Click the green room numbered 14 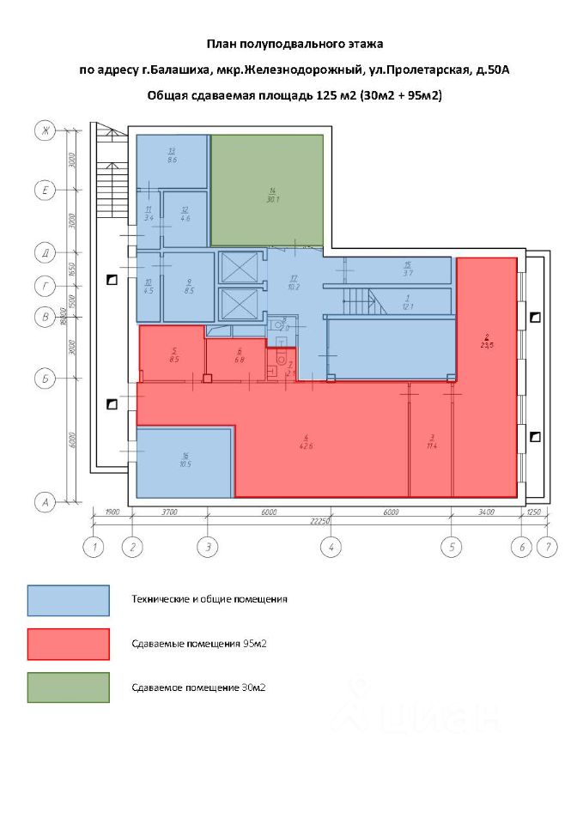click(x=267, y=191)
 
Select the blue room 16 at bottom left click(x=184, y=463)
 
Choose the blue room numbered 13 click(x=172, y=161)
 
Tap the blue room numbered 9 click(x=188, y=286)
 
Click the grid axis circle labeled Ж click(x=42, y=130)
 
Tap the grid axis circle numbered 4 click(x=330, y=546)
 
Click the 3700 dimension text click(x=168, y=512)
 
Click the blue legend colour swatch click(x=68, y=600)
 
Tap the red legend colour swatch click(x=68, y=644)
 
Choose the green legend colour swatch click(x=68, y=688)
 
